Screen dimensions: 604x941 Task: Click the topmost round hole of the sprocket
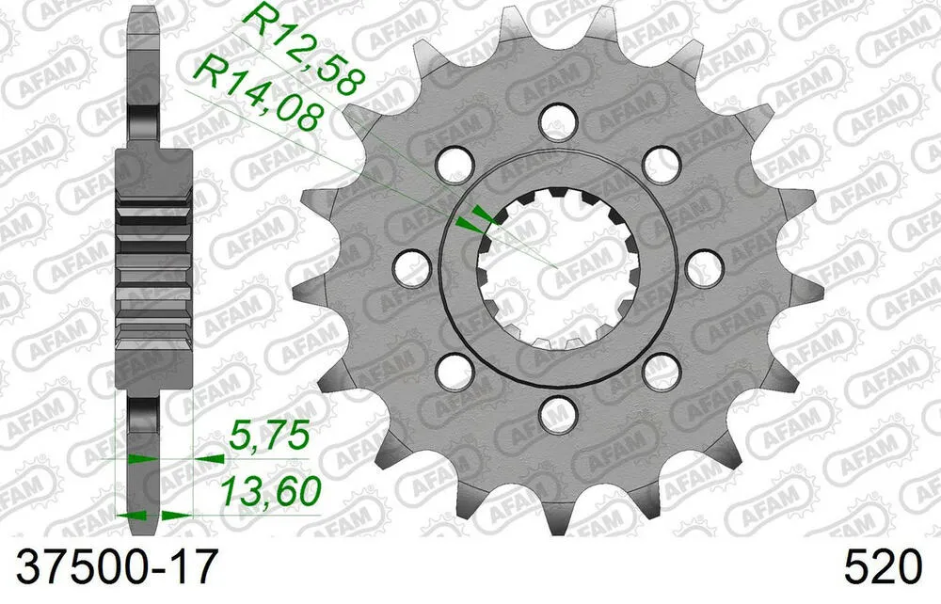point(558,119)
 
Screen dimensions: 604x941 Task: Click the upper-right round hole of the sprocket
point(662,163)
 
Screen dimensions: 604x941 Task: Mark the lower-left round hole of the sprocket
point(454,370)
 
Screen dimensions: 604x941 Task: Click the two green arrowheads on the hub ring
point(473,218)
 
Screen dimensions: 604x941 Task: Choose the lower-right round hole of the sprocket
point(662,370)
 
